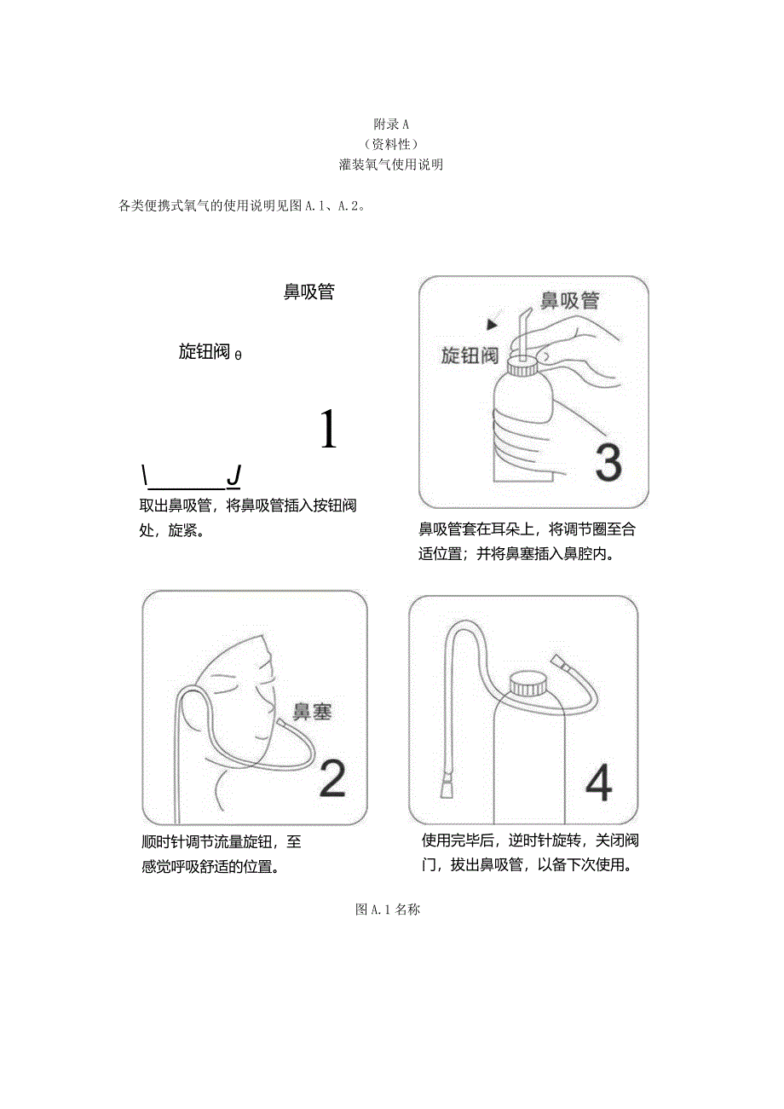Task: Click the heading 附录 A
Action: coord(392,124)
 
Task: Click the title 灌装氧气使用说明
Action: coord(391,165)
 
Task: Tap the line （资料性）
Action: coord(391,144)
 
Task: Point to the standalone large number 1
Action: coord(327,429)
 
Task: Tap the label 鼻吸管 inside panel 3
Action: coord(569,301)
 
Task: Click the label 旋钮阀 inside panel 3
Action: coord(470,355)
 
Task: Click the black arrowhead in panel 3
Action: coord(491,324)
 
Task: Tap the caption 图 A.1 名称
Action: coord(388,910)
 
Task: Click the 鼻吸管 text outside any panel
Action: coord(308,292)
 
